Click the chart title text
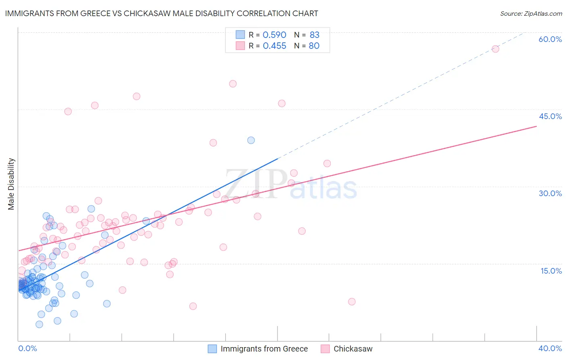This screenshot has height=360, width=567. coord(161,13)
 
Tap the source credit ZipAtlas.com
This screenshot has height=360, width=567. coord(531,13)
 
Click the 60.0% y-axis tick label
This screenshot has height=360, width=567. coord(550,39)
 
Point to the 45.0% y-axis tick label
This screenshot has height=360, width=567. coord(550,116)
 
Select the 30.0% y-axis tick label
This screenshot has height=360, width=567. coord(550,193)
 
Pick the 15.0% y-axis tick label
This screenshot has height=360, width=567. coord(551,271)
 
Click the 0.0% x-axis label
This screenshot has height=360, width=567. coord(27,348)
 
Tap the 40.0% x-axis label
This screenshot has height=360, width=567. coord(550,348)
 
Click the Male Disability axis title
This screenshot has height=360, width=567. coord(11,184)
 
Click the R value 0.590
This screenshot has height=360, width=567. coord(274,35)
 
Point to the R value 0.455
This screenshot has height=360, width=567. coord(274,46)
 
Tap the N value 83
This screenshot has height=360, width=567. coord(315,35)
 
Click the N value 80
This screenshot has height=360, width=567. coord(314,46)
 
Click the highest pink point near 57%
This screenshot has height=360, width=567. coord(495,49)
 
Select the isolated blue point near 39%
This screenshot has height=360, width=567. coord(251,140)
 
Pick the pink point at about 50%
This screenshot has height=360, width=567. coord(233,84)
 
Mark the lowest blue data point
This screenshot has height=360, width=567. coord(39,324)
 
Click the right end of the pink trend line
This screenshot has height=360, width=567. coord(536,126)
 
